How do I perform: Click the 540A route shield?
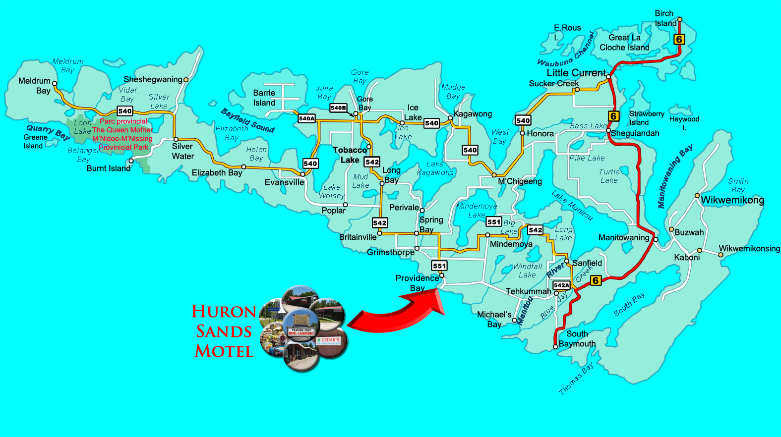(307, 118)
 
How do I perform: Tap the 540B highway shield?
(338, 108)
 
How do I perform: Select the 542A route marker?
(561, 285)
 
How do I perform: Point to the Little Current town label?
(576, 73)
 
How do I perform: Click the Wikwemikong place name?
(732, 200)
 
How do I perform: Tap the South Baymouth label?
(577, 339)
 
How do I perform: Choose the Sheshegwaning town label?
(153, 79)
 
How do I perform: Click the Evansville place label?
(284, 182)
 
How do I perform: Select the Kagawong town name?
(473, 114)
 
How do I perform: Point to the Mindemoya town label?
(511, 244)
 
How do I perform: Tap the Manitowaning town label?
(624, 238)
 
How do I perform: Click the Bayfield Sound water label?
(247, 120)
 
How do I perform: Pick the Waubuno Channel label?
(566, 51)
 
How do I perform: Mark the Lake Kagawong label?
(435, 168)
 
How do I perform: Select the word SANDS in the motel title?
(224, 331)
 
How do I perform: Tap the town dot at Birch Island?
(680, 20)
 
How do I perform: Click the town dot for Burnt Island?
(131, 161)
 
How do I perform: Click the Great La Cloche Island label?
(624, 43)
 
